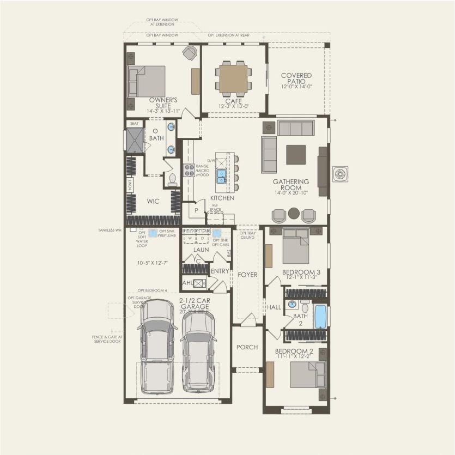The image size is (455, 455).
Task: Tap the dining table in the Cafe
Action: pos(233,78)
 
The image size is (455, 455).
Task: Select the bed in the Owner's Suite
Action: pos(147,82)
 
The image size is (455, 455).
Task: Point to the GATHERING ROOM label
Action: pos(292,185)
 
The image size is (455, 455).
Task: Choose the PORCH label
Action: pos(247,347)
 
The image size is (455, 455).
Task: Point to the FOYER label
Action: pos(247,275)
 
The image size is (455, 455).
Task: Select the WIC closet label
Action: pos(153,201)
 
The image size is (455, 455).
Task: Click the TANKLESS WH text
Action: pos(110,230)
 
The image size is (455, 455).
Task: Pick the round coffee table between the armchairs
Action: pos(294,213)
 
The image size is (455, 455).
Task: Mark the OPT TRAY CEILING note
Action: pos(247,235)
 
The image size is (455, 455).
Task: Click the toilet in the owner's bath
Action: pos(172,179)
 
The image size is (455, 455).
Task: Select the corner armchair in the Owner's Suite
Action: pos(189,53)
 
